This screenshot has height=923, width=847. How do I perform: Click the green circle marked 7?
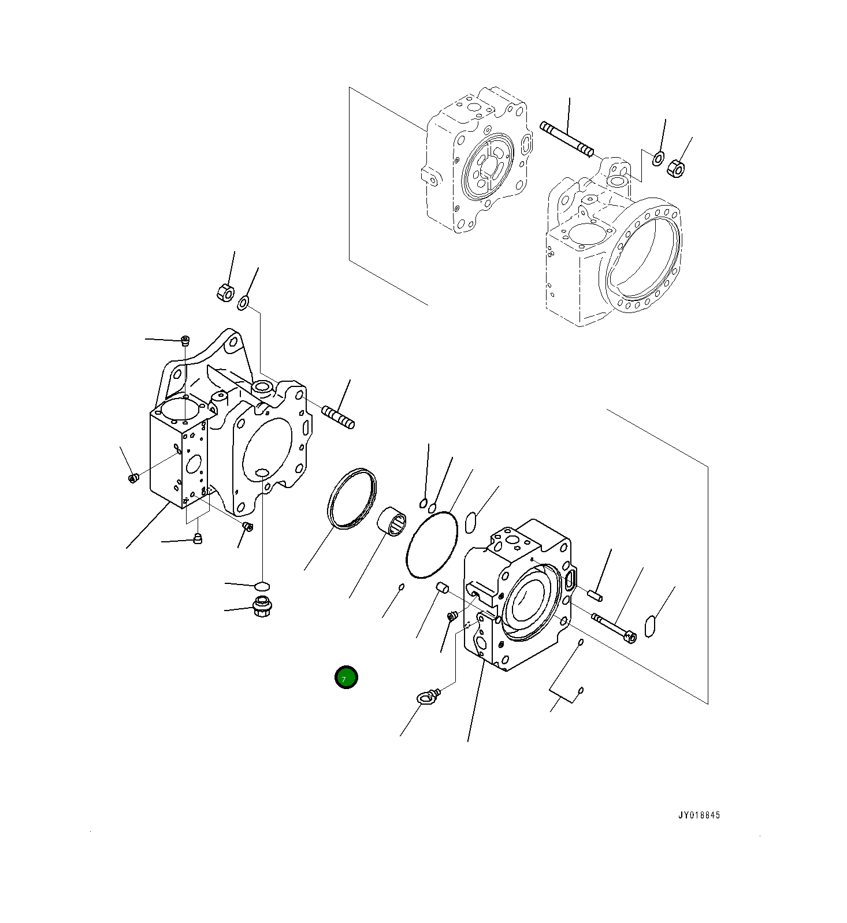(x=346, y=678)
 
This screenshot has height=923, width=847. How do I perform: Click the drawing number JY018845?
(x=699, y=815)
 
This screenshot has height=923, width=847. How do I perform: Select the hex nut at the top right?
(x=675, y=169)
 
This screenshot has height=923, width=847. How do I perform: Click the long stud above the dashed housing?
(x=567, y=139)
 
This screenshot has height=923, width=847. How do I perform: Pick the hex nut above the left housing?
(x=225, y=292)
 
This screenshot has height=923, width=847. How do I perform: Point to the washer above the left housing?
(x=243, y=302)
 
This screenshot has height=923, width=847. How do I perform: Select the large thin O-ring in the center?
(x=432, y=545)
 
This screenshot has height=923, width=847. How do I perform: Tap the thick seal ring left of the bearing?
(x=351, y=498)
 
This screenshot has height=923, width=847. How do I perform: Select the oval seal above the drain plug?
(x=262, y=586)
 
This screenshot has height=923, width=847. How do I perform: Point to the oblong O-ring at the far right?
(x=650, y=627)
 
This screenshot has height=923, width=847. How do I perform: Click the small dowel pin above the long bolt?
(x=595, y=595)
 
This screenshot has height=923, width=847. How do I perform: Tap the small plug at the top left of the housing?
(x=185, y=340)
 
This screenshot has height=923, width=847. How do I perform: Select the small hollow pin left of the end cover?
(x=442, y=588)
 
